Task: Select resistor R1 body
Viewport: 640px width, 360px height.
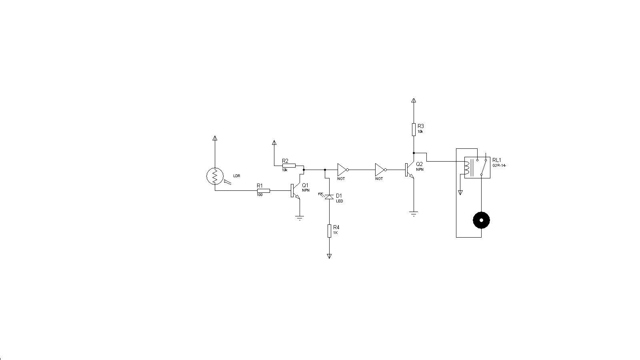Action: point(263,191)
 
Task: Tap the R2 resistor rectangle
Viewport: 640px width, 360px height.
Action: point(289,166)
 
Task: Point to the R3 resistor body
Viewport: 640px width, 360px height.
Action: point(414,130)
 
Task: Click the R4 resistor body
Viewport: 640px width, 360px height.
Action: point(329,231)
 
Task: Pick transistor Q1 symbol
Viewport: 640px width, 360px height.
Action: point(295,191)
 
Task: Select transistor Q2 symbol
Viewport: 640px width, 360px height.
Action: point(409,170)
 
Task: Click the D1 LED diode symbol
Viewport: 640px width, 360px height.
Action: point(329,197)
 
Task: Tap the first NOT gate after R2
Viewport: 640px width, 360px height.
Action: point(342,170)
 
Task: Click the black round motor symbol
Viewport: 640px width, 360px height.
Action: point(481,220)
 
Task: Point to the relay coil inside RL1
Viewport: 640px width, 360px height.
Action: point(466,168)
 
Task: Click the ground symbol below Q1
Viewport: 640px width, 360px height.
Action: point(299,218)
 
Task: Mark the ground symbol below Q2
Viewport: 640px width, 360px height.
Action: point(414,214)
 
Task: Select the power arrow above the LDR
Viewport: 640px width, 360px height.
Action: point(215,138)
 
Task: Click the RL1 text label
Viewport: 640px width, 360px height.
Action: point(497,160)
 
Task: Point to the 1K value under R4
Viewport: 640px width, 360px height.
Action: point(336,232)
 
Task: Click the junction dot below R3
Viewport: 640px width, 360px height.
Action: point(414,153)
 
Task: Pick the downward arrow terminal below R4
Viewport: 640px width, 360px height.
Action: point(329,256)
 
